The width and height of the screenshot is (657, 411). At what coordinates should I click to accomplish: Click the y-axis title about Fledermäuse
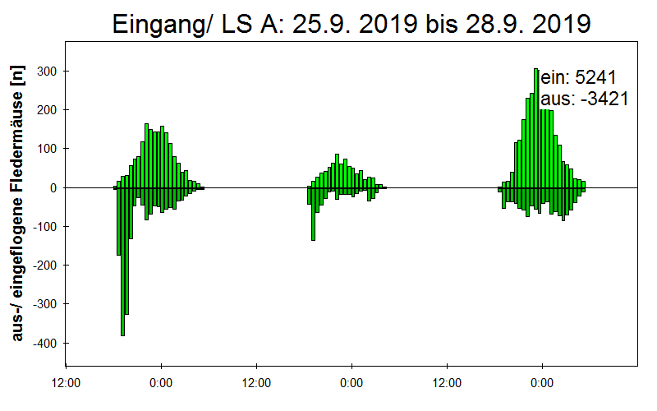click(17, 203)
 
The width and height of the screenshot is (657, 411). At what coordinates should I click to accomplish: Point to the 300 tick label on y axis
click(47, 72)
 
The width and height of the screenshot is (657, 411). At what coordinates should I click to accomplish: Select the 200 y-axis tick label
click(47, 110)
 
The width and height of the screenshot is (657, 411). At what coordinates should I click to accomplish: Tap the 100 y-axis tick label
click(47, 149)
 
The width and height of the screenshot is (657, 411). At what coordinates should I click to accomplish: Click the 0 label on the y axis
click(53, 188)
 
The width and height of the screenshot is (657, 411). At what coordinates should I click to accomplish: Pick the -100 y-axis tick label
click(44, 227)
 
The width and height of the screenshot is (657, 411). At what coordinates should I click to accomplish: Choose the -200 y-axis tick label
click(44, 266)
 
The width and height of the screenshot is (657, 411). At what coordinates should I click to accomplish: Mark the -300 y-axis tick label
click(44, 304)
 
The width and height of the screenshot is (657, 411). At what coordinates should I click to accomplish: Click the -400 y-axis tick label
click(44, 343)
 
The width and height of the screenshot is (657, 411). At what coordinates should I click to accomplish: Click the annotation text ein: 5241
click(579, 77)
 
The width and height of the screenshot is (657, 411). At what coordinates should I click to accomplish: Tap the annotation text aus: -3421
click(585, 99)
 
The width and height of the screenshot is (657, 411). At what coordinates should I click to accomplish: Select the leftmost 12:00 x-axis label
click(66, 383)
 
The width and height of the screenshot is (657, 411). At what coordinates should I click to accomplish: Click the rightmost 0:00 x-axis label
click(542, 383)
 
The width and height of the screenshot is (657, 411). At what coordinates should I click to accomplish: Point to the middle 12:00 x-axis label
click(256, 383)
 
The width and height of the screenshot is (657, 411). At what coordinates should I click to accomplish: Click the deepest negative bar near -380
click(122, 261)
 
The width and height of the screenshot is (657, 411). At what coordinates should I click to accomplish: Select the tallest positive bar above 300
click(536, 128)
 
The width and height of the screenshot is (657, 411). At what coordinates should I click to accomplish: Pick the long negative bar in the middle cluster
click(314, 214)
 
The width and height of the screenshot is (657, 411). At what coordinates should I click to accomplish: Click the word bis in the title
click(442, 24)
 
